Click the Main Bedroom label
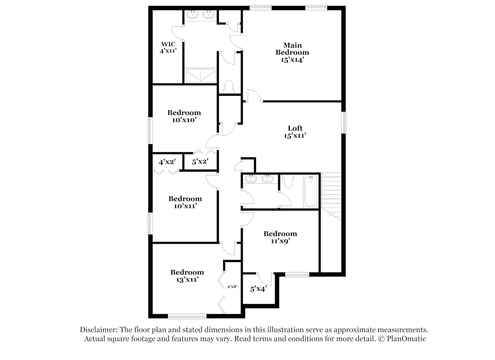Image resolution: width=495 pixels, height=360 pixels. [x=292, y=49]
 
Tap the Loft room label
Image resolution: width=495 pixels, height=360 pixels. [x=295, y=128]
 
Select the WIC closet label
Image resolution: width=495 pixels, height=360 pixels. [x=168, y=44]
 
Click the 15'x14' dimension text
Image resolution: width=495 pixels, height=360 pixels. [x=292, y=60]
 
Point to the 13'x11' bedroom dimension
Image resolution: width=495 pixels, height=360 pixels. [x=187, y=280]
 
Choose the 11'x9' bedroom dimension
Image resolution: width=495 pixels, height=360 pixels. [x=280, y=241]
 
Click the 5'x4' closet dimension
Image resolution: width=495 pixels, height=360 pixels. [x=258, y=289]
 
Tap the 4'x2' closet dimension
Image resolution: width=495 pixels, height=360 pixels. [x=167, y=162]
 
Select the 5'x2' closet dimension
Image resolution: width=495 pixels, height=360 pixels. [x=200, y=162]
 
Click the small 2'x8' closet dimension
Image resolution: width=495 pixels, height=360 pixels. [x=232, y=287]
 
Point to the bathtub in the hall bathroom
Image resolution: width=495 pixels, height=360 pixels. [x=311, y=192]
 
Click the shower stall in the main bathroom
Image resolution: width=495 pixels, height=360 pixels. [x=200, y=76]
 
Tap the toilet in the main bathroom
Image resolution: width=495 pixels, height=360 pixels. [x=229, y=87]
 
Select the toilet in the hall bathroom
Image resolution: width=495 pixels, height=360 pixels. [x=288, y=181]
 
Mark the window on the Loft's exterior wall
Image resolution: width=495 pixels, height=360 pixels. [x=344, y=123]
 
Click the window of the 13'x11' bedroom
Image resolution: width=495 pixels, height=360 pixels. [x=187, y=317]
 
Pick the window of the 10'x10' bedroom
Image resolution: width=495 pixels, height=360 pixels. [x=150, y=131]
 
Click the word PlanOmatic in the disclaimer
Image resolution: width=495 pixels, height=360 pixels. [x=406, y=339]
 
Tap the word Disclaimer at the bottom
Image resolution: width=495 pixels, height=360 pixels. [x=99, y=330]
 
